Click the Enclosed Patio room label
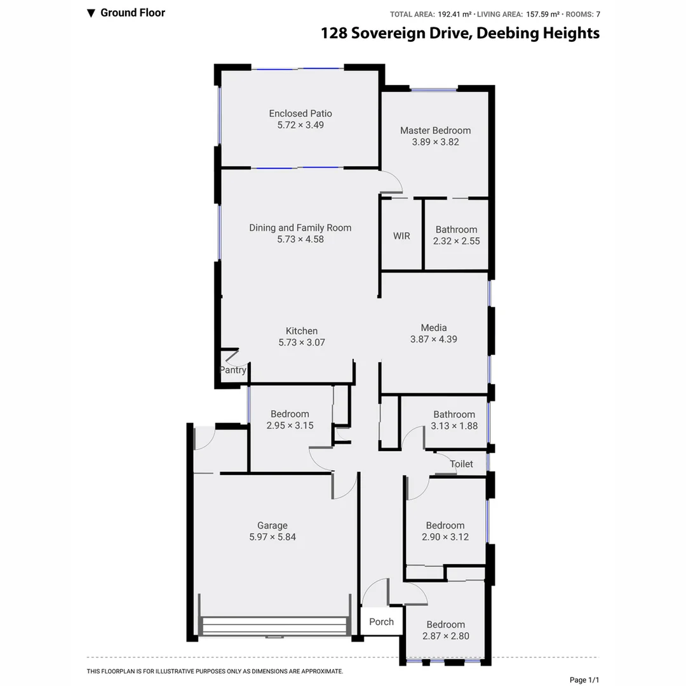pyautogui.click(x=300, y=114)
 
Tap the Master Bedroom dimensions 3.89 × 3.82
pyautogui.click(x=435, y=142)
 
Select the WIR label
pyautogui.click(x=401, y=236)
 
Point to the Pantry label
pyautogui.click(x=232, y=370)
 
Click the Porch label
pyautogui.click(x=381, y=622)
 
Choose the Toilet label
pyautogui.click(x=461, y=464)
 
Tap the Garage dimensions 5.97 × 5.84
pyautogui.click(x=272, y=537)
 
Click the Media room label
pyautogui.click(x=433, y=328)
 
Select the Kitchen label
pyautogui.click(x=301, y=331)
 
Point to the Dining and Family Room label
pyautogui.click(x=300, y=228)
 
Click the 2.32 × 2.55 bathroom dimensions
pyautogui.click(x=456, y=241)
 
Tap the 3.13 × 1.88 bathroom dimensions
pyautogui.click(x=454, y=426)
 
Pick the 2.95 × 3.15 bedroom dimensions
pyautogui.click(x=290, y=426)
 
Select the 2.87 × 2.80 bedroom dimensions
pyautogui.click(x=445, y=636)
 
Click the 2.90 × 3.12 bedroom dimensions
pyautogui.click(x=445, y=537)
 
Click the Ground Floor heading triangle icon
pyautogui.click(x=91, y=13)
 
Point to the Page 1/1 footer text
pyautogui.click(x=584, y=680)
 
